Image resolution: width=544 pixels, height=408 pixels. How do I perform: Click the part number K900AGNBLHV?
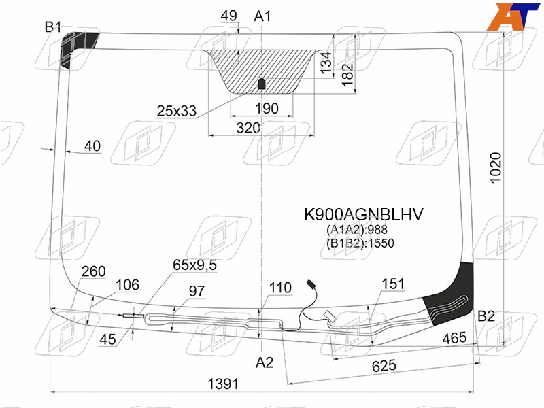click(x=364, y=214)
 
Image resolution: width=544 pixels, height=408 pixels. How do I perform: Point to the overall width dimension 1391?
click(x=223, y=384)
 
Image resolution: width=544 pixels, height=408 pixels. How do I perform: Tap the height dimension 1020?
click(x=496, y=167)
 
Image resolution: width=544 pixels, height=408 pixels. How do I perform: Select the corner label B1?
click(x=53, y=27)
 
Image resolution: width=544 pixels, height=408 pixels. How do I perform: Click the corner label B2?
click(x=486, y=316)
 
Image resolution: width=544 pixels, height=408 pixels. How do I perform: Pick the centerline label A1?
click(x=262, y=16)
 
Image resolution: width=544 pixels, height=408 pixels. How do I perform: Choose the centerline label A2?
click(x=265, y=362)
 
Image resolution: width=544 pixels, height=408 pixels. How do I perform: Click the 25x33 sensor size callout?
click(x=177, y=111)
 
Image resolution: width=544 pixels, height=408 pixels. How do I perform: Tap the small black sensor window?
click(x=262, y=84)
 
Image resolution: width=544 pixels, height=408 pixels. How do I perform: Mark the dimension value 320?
click(x=248, y=128)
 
